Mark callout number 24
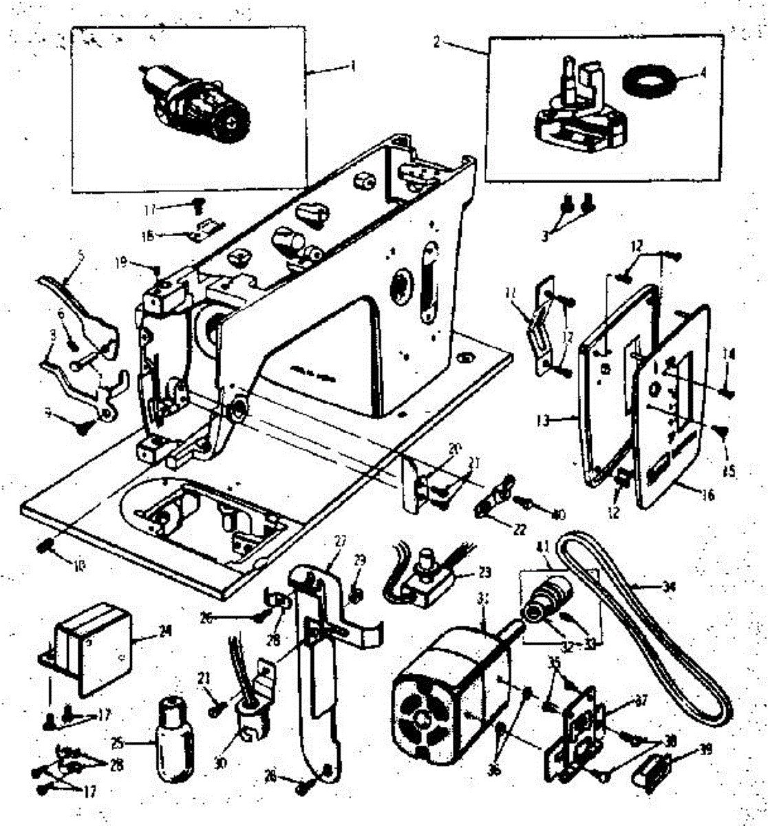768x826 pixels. point(164,630)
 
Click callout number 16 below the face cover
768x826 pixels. point(707,495)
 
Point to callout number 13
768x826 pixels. point(543,420)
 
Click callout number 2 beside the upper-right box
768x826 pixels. point(437,41)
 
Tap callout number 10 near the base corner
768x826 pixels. point(78,567)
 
